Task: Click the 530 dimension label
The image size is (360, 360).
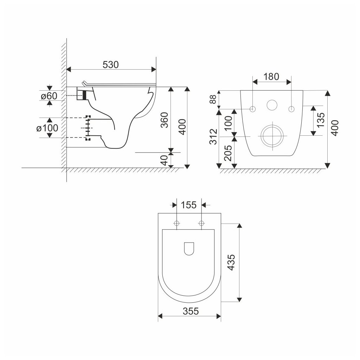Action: point(111,65)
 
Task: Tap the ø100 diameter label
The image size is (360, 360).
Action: point(47,128)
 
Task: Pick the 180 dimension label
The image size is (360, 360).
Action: point(271,77)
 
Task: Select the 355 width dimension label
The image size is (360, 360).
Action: point(190,311)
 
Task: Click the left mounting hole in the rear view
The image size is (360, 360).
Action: point(253,109)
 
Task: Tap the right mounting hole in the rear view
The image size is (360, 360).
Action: point(291,109)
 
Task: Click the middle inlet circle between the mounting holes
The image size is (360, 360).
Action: point(271,105)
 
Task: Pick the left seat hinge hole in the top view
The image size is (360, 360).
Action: point(176,223)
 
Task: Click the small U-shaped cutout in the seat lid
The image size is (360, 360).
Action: point(189,249)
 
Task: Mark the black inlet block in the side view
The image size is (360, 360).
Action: point(84,95)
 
